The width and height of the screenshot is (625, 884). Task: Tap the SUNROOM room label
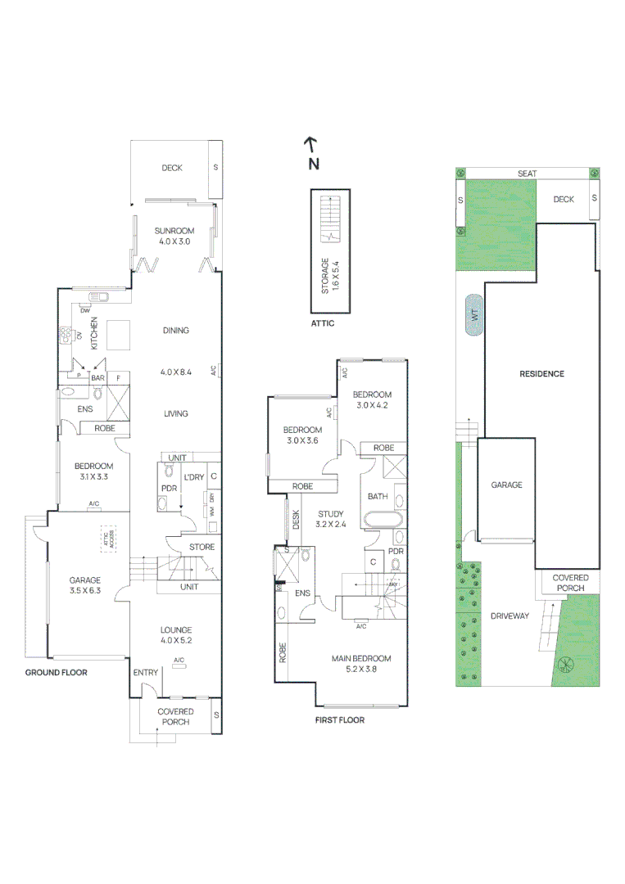pyautogui.click(x=174, y=231)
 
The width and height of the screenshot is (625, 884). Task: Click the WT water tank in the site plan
pyautogui.click(x=473, y=315)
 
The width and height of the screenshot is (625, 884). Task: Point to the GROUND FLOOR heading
pyautogui.click(x=56, y=672)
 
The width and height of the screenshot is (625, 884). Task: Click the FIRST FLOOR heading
pyautogui.click(x=340, y=720)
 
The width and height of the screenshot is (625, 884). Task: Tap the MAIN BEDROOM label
pyautogui.click(x=361, y=658)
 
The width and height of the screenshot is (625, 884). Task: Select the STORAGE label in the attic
pyautogui.click(x=325, y=276)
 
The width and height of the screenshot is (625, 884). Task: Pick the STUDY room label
pyautogui.click(x=330, y=514)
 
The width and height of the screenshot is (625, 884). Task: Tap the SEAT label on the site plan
pyautogui.click(x=527, y=174)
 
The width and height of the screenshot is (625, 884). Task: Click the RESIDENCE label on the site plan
pyautogui.click(x=541, y=374)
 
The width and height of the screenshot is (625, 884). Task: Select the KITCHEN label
pyautogui.click(x=94, y=333)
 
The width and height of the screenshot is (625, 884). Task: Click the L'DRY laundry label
pyautogui.click(x=193, y=476)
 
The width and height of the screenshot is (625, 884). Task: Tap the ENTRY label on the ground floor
pyautogui.click(x=145, y=672)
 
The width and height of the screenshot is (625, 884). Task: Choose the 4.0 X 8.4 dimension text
pyautogui.click(x=175, y=372)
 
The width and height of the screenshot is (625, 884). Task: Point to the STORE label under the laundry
pyautogui.click(x=202, y=547)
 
